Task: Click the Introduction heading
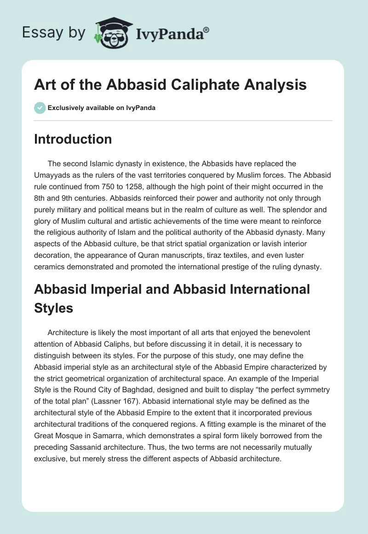tap(73, 139)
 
